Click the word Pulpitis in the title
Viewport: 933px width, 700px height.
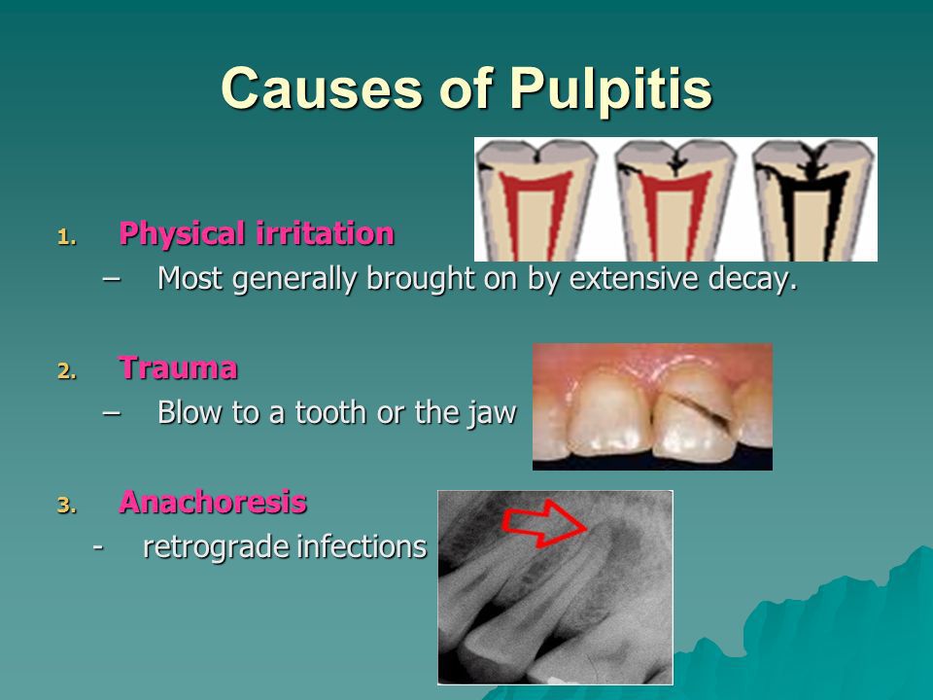pyautogui.click(x=611, y=89)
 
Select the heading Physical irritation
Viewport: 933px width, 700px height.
pyautogui.click(x=257, y=233)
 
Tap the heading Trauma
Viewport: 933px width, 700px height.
pyautogui.click(x=178, y=367)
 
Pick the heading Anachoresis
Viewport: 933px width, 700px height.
pyautogui.click(x=213, y=502)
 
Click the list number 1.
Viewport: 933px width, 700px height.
pyautogui.click(x=67, y=238)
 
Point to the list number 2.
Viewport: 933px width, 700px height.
pyautogui.click(x=67, y=372)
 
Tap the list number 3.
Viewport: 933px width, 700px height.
pyautogui.click(x=67, y=506)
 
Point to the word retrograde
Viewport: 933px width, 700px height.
pyautogui.click(x=216, y=547)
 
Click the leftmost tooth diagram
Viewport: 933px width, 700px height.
pyautogui.click(x=536, y=200)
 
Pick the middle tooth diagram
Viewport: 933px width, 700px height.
pyautogui.click(x=674, y=200)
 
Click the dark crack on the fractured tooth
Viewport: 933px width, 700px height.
pyautogui.click(x=698, y=408)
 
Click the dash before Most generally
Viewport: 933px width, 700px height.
pyautogui.click(x=111, y=279)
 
